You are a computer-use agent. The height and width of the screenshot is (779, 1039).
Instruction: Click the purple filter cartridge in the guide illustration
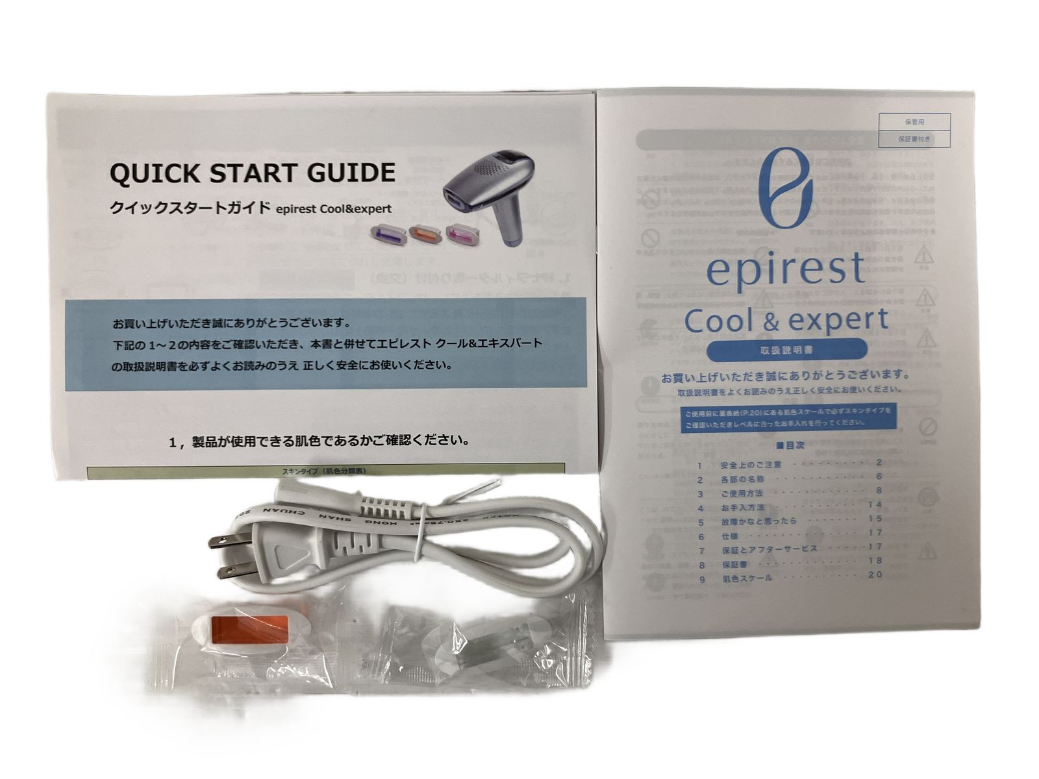(x=387, y=233)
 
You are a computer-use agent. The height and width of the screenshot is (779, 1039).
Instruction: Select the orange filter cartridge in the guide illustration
(x=424, y=233)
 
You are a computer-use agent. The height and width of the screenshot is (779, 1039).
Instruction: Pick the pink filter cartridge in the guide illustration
(x=462, y=232)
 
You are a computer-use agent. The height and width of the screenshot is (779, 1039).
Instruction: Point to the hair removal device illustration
(x=492, y=189)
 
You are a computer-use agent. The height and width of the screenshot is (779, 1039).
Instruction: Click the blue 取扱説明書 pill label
(x=786, y=350)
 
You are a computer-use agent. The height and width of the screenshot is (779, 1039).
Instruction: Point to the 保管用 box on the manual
(x=914, y=122)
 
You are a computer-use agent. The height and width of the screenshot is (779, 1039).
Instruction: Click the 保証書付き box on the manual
(x=914, y=139)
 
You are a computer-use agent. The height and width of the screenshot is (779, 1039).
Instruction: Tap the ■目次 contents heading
(x=790, y=446)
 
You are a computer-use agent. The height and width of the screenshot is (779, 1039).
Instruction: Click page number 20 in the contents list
(x=875, y=575)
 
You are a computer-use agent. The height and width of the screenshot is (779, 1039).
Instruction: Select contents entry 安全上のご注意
(x=751, y=465)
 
